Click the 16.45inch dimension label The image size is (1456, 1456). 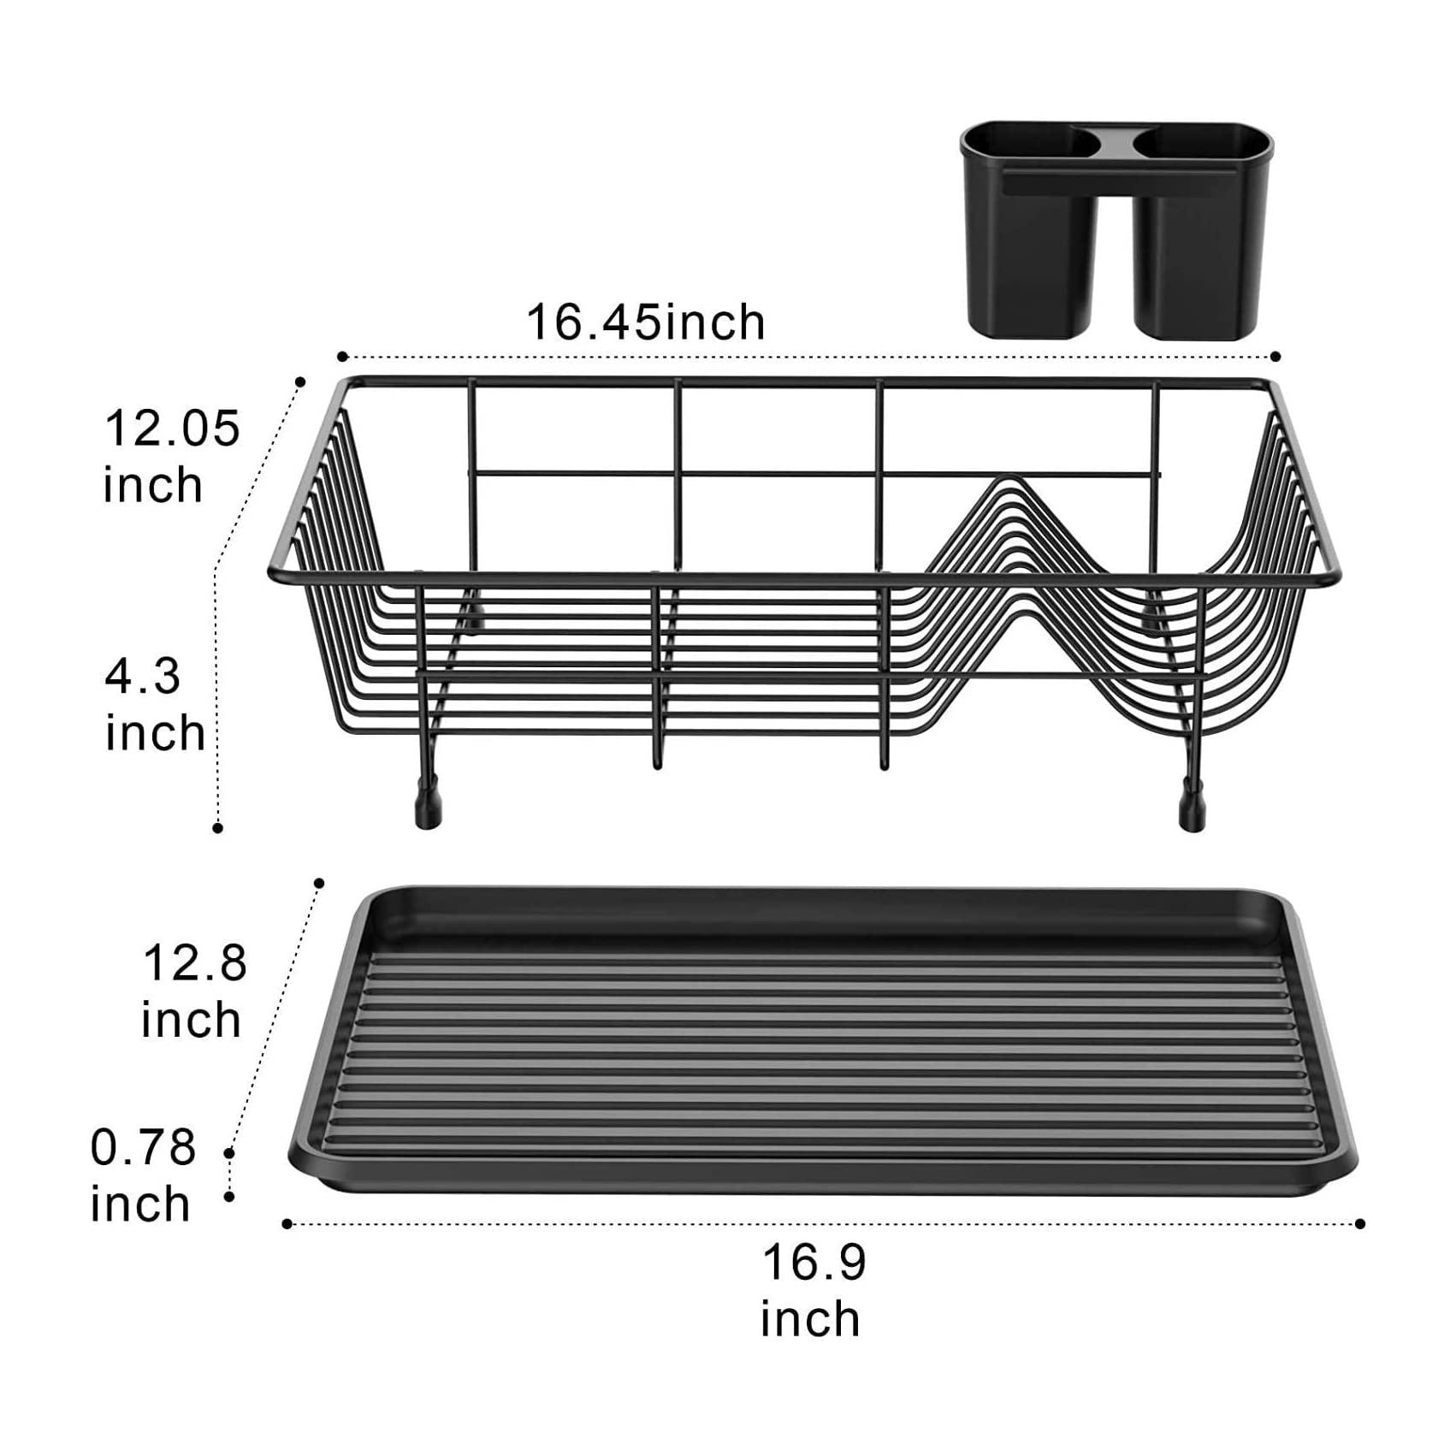(x=645, y=323)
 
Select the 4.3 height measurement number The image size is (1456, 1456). (x=143, y=677)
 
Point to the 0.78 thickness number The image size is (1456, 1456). (x=144, y=1147)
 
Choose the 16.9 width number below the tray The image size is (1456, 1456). (x=814, y=1263)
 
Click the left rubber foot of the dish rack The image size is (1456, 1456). (x=429, y=807)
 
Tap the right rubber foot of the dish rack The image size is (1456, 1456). (x=1192, y=808)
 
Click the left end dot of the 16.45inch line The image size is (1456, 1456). (x=342, y=357)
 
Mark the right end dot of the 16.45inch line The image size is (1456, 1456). (x=1275, y=357)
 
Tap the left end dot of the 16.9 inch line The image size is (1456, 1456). (x=287, y=1224)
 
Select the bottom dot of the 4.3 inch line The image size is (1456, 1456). (x=218, y=827)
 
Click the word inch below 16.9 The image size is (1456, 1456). (x=810, y=1319)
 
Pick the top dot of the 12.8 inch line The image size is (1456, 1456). (x=320, y=883)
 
